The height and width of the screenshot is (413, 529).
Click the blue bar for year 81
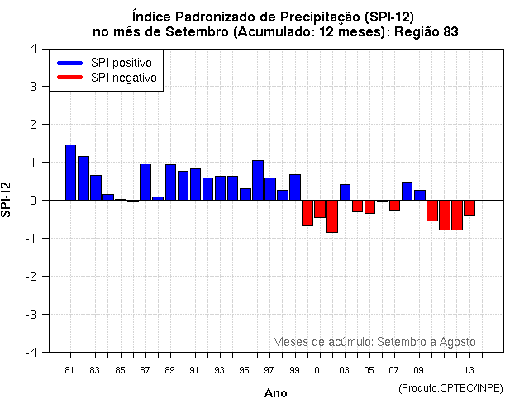pos(70,172)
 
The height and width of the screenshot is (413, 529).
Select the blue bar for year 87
pos(145,182)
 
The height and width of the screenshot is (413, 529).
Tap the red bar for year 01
pos(320,209)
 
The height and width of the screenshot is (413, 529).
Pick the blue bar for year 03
pos(345,192)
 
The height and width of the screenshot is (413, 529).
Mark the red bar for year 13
pos(469,207)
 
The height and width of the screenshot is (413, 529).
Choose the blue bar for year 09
pos(420,195)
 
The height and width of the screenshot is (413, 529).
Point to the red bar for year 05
pos(369,206)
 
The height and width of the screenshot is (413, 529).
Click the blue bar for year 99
pos(295,188)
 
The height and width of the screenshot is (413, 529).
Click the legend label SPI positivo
pos(126,63)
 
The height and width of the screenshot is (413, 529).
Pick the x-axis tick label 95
pos(245,369)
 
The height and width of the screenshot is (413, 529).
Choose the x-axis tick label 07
pos(394,369)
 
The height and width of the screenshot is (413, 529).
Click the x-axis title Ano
pos(275,393)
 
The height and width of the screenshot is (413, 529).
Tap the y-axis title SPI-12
pos(7,199)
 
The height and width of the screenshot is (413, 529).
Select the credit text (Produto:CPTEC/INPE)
pos(451,387)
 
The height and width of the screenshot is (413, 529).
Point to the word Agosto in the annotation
pos(457,341)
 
